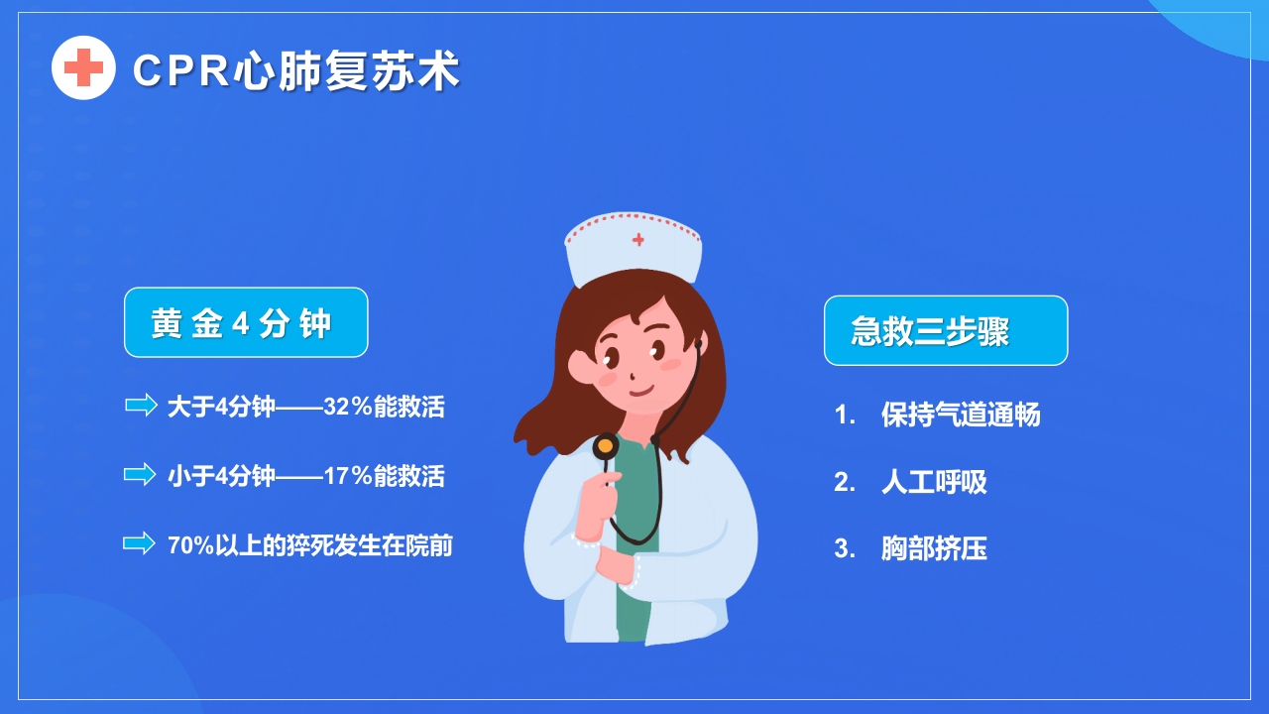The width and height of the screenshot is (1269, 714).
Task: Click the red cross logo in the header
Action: pyautogui.click(x=83, y=67)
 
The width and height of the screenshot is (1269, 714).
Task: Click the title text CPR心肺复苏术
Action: pyautogui.click(x=295, y=71)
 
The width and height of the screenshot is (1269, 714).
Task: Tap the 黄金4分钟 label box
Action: pyautogui.click(x=245, y=323)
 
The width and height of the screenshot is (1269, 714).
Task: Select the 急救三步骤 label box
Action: pyautogui.click(x=945, y=330)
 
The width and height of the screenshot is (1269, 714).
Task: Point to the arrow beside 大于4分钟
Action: pyautogui.click(x=141, y=405)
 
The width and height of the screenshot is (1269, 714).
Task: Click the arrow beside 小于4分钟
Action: pyautogui.click(x=140, y=474)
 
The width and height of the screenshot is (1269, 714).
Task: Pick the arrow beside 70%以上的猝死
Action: pyautogui.click(x=140, y=542)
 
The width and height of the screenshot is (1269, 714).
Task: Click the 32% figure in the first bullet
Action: pyautogui.click(x=348, y=407)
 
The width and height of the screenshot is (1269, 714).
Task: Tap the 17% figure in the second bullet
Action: pyautogui.click(x=348, y=476)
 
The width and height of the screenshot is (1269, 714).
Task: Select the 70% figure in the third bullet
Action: pyautogui.click(x=190, y=545)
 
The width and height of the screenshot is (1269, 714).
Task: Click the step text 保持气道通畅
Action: pyautogui.click(x=961, y=415)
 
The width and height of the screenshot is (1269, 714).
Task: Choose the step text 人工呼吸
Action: pyautogui.click(x=934, y=482)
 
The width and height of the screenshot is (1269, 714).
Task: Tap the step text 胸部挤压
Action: pyautogui.click(x=934, y=548)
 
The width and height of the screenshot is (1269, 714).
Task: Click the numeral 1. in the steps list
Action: pyautogui.click(x=845, y=415)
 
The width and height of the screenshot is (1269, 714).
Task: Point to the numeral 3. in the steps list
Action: pyautogui.click(x=845, y=548)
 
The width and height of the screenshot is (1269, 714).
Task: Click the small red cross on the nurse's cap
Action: pyautogui.click(x=638, y=239)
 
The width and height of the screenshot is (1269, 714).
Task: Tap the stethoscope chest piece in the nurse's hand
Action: pyautogui.click(x=605, y=447)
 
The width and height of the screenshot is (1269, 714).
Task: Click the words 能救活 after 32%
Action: pyautogui.click(x=409, y=407)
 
